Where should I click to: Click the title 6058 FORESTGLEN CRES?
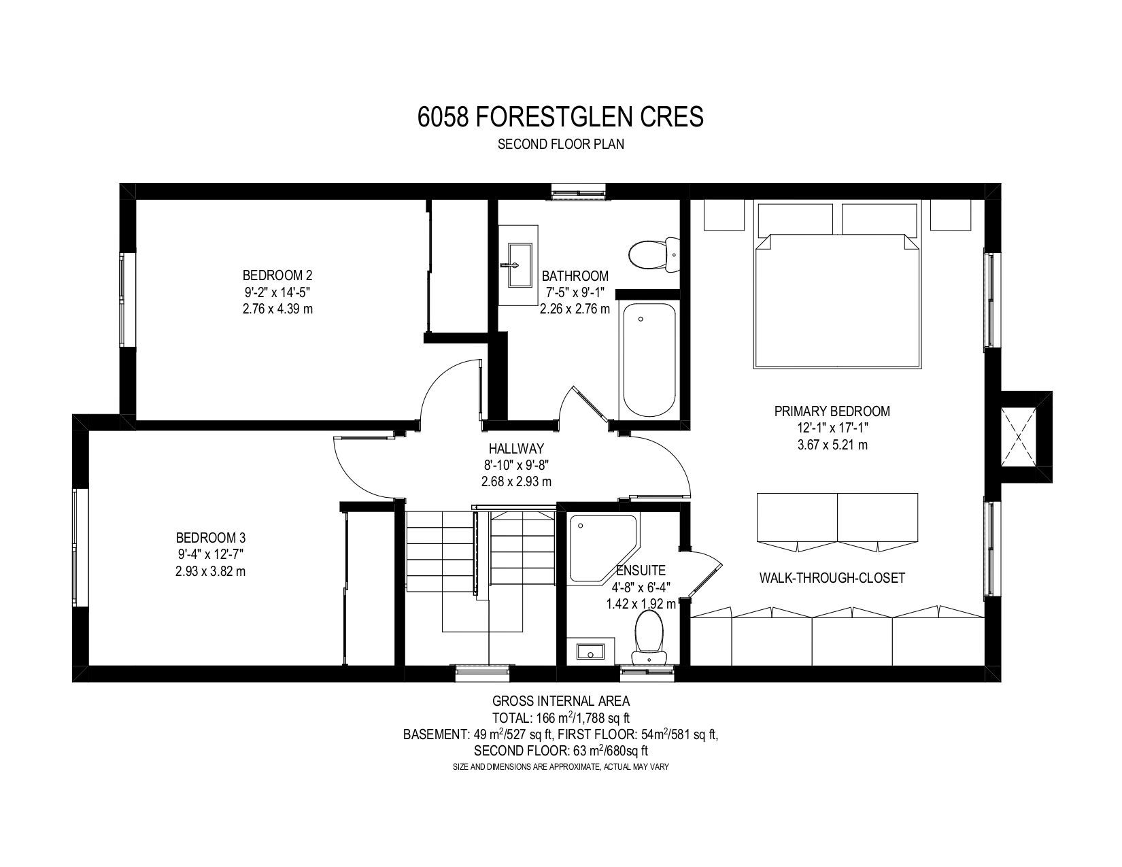coord(560,117)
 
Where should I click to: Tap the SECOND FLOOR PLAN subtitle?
coord(561,144)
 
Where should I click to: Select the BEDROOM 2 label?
coord(278,275)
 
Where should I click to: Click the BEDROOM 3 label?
coord(211,538)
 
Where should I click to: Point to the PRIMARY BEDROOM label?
coord(832,411)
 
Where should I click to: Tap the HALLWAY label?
coord(516,448)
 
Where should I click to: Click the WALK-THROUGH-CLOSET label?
coord(832,578)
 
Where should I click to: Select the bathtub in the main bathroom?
coord(649,360)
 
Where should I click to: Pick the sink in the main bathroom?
coord(518,265)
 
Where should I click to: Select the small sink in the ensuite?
coord(591,651)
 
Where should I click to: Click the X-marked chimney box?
coord(1019,437)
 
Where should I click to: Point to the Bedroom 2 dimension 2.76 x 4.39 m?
coord(278,309)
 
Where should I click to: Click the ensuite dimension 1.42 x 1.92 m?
coord(641,604)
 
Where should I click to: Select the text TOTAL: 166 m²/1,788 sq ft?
coord(561,718)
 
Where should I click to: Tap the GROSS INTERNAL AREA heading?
coord(561,700)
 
